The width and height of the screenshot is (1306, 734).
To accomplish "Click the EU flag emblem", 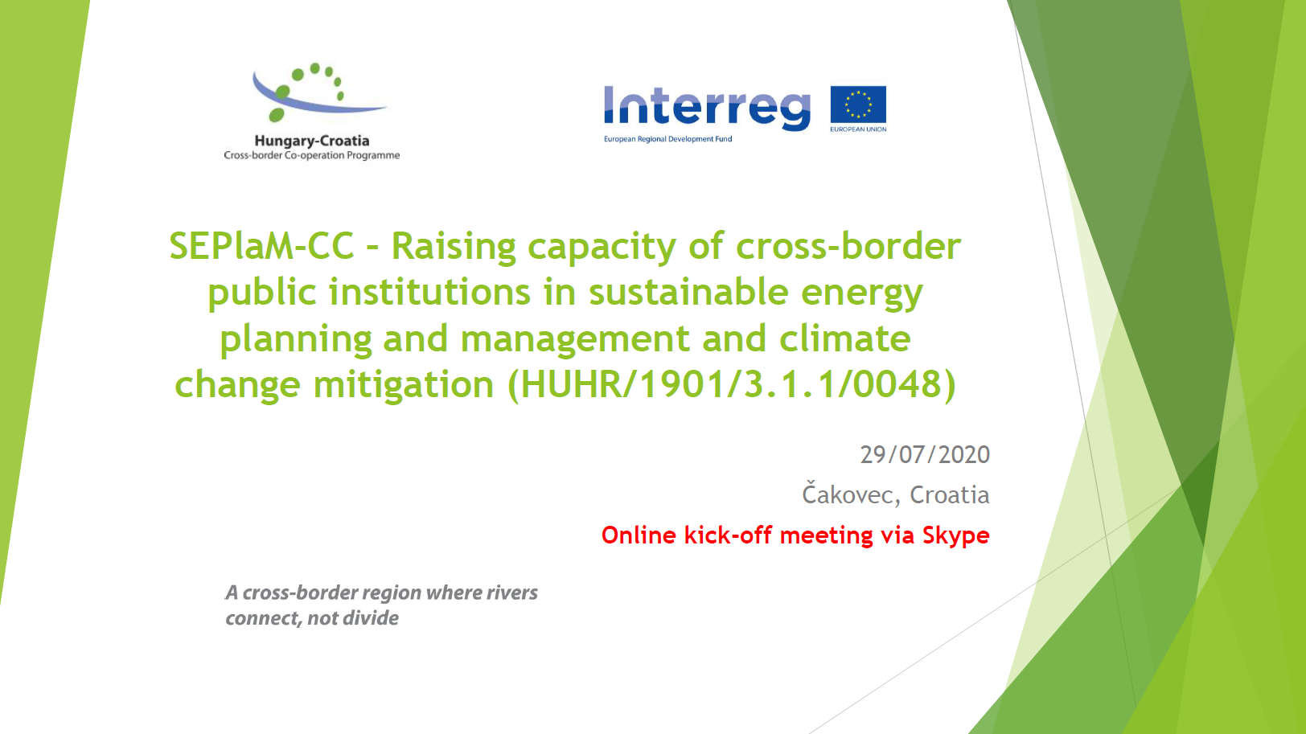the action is click(858, 105).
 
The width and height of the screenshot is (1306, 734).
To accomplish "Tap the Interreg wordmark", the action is click(707, 108).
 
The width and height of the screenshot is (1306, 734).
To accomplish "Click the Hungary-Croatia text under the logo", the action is click(312, 141).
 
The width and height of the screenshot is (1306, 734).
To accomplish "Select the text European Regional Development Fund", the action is click(667, 139).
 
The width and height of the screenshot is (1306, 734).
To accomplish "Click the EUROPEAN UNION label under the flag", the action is click(858, 129).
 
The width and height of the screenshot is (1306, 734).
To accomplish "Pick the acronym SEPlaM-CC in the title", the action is click(262, 246).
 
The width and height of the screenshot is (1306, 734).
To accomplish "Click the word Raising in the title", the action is click(454, 247).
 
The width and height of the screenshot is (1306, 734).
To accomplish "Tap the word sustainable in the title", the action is click(688, 292).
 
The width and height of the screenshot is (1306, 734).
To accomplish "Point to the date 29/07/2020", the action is click(925, 455).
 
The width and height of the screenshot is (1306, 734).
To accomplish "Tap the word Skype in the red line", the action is click(955, 535).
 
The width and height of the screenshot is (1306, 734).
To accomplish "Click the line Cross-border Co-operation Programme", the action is click(312, 155).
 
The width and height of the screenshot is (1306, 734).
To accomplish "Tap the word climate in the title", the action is click(845, 338).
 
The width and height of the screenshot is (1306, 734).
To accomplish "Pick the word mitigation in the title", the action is click(404, 386).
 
